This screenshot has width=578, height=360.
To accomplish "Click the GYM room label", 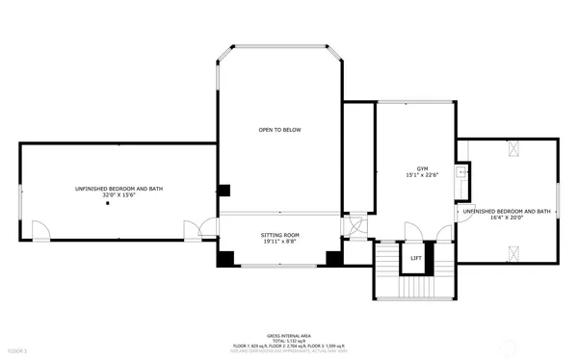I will click(x=421, y=167).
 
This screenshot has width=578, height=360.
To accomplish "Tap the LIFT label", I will click(x=415, y=258).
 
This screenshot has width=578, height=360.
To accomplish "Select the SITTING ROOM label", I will click(x=280, y=235).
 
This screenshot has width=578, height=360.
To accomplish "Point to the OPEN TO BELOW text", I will click(x=280, y=130).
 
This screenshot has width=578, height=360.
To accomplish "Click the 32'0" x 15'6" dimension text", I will click(x=118, y=195).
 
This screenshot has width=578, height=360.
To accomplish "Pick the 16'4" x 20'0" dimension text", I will click(x=506, y=218).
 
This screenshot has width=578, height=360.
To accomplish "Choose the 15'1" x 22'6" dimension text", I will click(x=421, y=174).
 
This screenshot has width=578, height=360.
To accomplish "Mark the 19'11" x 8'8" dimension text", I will click(x=280, y=242).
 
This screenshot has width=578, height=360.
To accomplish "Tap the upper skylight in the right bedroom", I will click(x=512, y=147).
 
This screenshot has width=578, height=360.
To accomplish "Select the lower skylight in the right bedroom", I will click(x=512, y=253).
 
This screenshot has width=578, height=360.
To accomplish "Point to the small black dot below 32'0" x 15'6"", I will click(x=118, y=204).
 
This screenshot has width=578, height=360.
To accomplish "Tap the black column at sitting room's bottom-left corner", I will click(x=225, y=258).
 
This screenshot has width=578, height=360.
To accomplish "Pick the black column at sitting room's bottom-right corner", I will click(x=334, y=258).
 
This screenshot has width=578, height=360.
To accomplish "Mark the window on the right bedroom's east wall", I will click(x=558, y=200).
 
